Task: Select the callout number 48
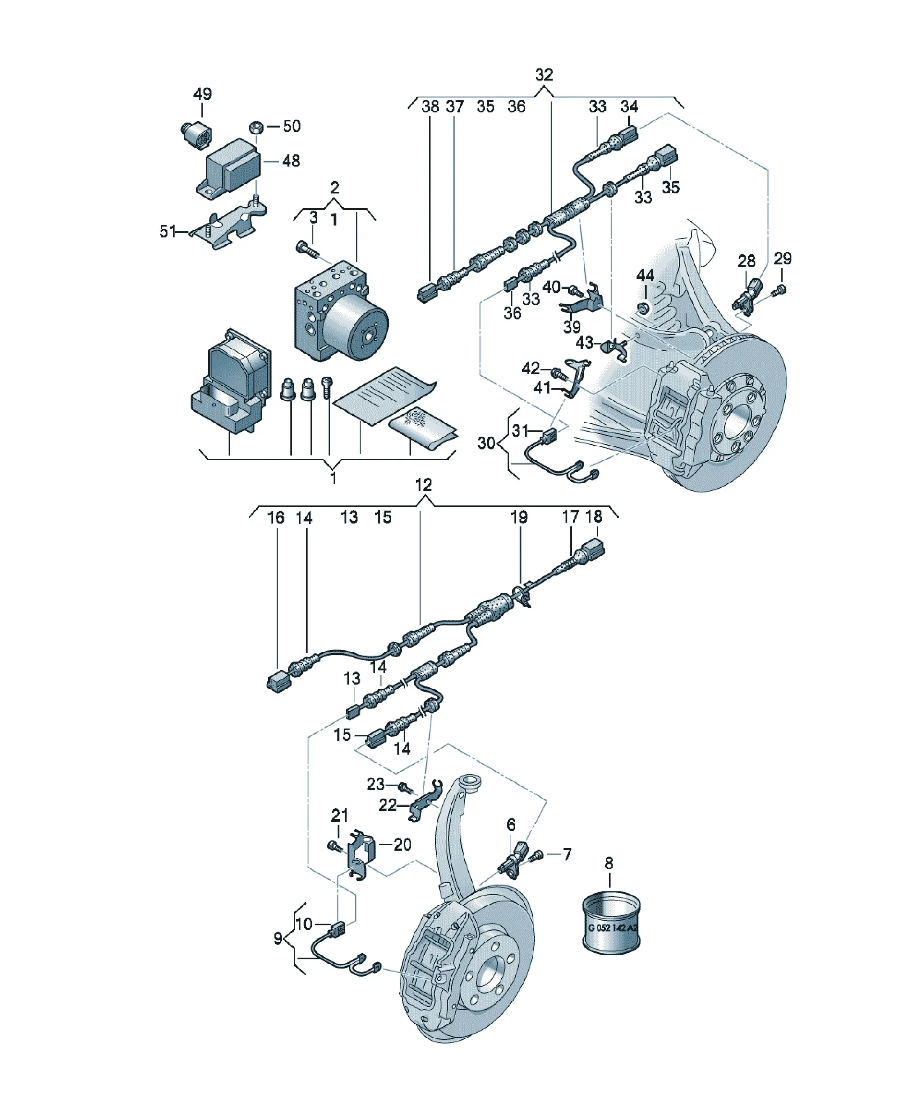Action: click(291, 161)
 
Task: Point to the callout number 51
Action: click(167, 232)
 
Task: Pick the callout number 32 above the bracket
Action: click(544, 75)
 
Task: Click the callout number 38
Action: click(430, 107)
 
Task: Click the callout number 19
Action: click(519, 517)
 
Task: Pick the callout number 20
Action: click(403, 844)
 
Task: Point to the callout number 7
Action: click(567, 854)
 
